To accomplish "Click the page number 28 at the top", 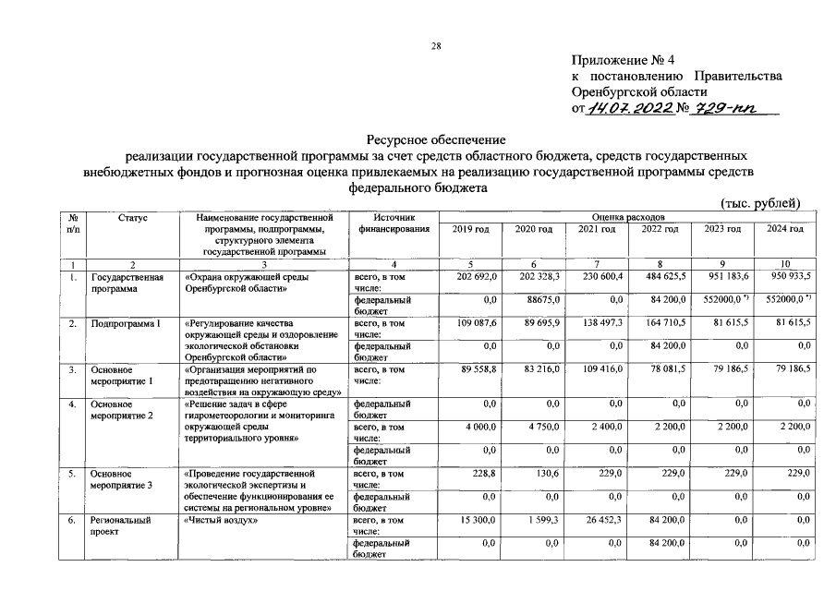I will (437, 47).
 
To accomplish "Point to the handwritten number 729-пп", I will (727, 109).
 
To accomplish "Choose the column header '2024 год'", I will (784, 229).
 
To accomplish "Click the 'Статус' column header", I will (133, 217).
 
